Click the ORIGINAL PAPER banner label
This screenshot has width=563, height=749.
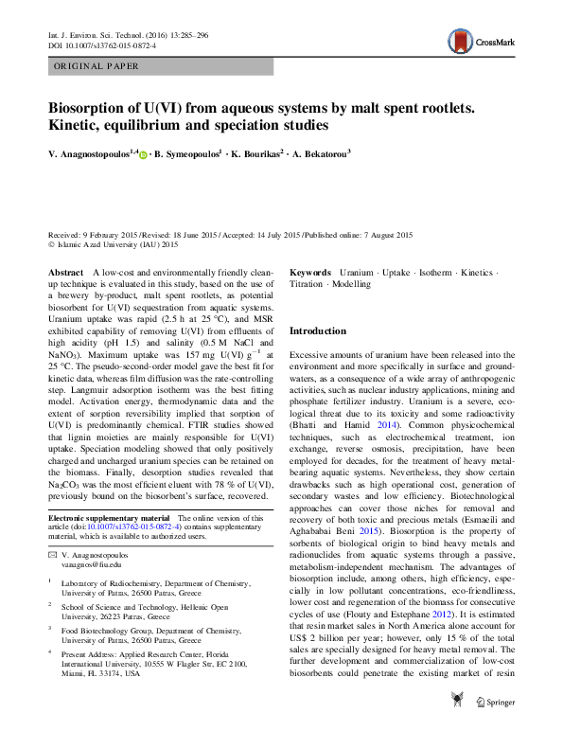pos(97,66)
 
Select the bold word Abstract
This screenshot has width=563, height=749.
pos(66,272)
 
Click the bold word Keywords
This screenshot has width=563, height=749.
pos(310,272)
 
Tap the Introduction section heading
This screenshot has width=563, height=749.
pos(319,331)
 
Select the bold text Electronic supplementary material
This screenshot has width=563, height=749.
pos(107,518)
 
